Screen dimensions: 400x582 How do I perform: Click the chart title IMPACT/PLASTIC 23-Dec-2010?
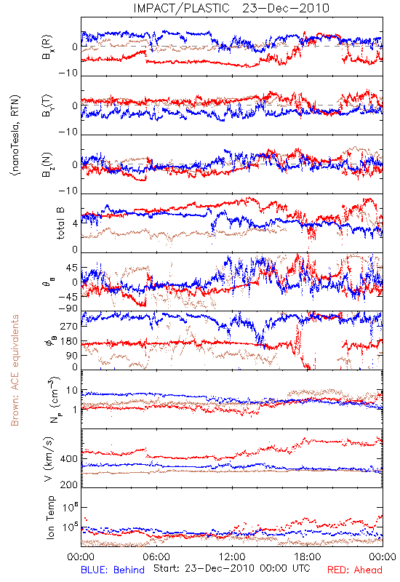pyautogui.click(x=231, y=8)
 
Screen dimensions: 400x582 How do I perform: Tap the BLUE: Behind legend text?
pyautogui.click(x=113, y=570)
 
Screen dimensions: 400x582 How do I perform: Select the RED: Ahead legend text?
pyautogui.click(x=354, y=570)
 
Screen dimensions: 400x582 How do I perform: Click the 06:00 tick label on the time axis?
pyautogui.click(x=156, y=557)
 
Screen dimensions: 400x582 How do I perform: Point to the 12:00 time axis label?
pyautogui.click(x=232, y=557)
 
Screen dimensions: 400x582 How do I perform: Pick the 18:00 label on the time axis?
pyautogui.click(x=308, y=557)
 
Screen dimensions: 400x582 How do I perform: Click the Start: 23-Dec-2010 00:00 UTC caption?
pyautogui.click(x=231, y=568)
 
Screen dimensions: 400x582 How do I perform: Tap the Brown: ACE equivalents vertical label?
pyautogui.click(x=15, y=370)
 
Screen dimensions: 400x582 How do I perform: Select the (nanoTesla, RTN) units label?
pyautogui.click(x=15, y=135)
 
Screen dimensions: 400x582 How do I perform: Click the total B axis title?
pyautogui.click(x=60, y=223)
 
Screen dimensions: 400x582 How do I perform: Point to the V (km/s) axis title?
pyautogui.click(x=49, y=459)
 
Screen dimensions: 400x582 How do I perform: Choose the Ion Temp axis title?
pyautogui.click(x=50, y=517)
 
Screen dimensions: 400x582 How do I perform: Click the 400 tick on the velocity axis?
pyautogui.click(x=69, y=459)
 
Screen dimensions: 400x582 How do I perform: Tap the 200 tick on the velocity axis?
pyautogui.click(x=69, y=485)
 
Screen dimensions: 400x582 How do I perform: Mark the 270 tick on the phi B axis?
pyautogui.click(x=69, y=326)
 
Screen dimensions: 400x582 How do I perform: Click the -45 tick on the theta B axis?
pyautogui.click(x=68, y=297)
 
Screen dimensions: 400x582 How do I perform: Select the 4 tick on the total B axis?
pyautogui.click(x=76, y=223)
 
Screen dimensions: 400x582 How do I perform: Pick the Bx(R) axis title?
pyautogui.click(x=47, y=47)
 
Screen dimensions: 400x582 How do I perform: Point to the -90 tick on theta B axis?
pyautogui.click(x=68, y=308)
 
